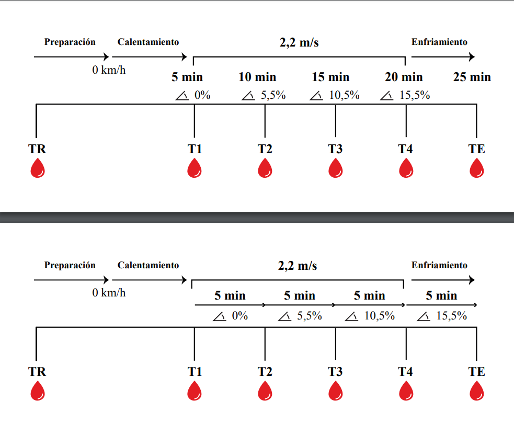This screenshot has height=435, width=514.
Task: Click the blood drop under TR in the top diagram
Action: click(37, 168)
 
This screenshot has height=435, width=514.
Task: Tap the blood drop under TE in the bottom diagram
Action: click(476, 391)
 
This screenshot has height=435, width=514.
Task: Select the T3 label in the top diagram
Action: click(335, 149)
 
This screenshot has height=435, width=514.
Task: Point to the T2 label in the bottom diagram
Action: click(265, 372)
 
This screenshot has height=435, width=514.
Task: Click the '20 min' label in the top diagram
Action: click(404, 77)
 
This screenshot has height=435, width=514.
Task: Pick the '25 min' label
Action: click(472, 77)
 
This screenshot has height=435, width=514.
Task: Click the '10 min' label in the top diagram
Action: click(257, 77)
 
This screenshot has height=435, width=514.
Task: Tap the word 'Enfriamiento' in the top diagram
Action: click(439, 42)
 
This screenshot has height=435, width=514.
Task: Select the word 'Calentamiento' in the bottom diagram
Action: click(148, 265)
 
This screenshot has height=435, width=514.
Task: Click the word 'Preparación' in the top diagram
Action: click(70, 42)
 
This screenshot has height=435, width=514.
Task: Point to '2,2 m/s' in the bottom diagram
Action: click(298, 266)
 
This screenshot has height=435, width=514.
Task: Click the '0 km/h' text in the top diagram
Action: click(109, 70)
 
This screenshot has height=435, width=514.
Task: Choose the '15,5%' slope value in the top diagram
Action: click(414, 95)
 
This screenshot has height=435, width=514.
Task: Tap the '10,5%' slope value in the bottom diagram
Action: click(379, 316)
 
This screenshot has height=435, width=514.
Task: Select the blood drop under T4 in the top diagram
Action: click(406, 168)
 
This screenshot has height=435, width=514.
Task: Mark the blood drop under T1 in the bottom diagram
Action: click(195, 391)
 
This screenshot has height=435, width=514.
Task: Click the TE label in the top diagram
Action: click(476, 149)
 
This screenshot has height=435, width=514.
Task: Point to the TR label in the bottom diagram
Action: click(37, 372)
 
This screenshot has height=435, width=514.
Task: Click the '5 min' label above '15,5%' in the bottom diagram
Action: click(441, 296)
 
